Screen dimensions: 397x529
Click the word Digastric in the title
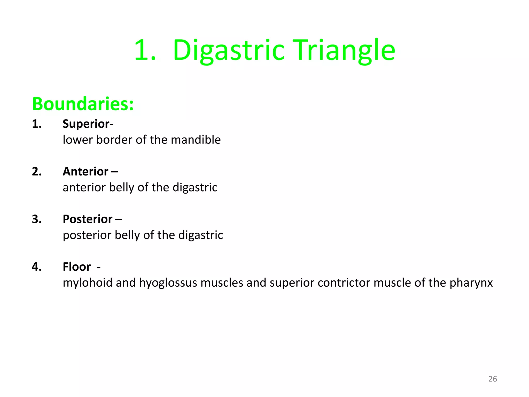[x=229, y=50]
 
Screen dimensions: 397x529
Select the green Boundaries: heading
[x=83, y=104]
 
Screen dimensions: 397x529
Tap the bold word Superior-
[x=88, y=124]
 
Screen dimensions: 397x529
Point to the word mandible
[x=196, y=140]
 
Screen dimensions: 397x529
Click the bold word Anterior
[x=85, y=172]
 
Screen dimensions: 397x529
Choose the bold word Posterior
[x=88, y=219]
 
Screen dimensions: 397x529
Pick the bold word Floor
[x=77, y=267]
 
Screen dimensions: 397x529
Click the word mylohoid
[x=88, y=283]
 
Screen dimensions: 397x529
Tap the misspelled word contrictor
[x=344, y=283]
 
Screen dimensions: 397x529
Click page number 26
[x=493, y=379]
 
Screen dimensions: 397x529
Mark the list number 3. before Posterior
[x=37, y=219]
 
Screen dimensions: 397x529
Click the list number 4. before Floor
[x=37, y=267]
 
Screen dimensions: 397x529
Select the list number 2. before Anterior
[x=37, y=172]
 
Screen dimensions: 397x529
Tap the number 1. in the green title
[x=145, y=50]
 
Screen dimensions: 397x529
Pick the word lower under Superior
[x=78, y=140]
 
